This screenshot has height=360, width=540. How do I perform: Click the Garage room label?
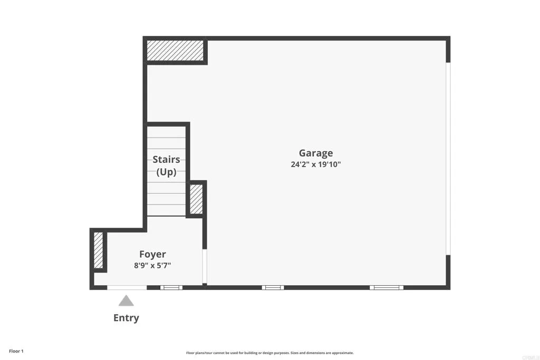pos(315,153)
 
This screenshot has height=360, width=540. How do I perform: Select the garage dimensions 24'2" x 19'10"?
pos(315,164)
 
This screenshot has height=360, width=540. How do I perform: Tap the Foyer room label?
pos(152,254)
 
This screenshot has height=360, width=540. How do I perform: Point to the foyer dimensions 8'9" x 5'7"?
pos(152,265)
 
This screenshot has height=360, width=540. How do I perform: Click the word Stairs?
pos(166,159)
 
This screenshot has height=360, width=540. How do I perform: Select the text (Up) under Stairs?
pos(166,172)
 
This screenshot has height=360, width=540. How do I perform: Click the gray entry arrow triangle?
pos(126,301)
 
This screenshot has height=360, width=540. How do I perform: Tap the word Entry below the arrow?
pos(126,318)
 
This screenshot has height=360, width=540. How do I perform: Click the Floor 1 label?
pos(16,351)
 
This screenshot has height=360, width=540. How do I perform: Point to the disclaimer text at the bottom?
pos(269,353)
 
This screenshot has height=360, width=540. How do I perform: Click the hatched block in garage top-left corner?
pos(175,51)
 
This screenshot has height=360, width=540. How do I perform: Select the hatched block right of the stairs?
pos(196,199)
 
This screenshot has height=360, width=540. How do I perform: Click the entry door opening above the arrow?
pos(127,287)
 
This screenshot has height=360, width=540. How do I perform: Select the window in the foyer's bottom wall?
pos(171,287)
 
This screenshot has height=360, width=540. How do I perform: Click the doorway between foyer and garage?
pos(205,267)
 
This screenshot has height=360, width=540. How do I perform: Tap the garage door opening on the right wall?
pos(448,159)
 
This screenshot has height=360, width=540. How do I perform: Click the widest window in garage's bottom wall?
pos(386,287)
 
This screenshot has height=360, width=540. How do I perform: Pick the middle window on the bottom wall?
pos(273,287)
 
